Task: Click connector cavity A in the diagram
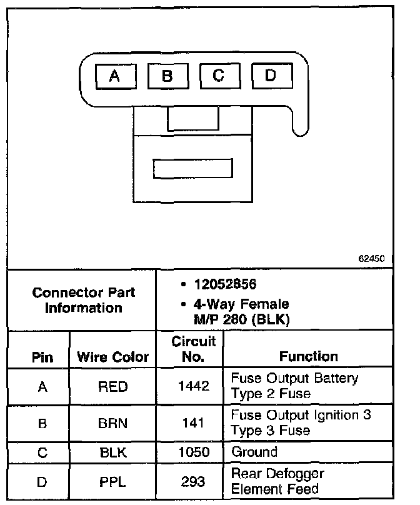coord(114,76)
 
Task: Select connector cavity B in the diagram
coord(167,76)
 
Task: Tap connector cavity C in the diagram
coord(218,76)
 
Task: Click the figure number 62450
coord(371,257)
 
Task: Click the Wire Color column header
coord(112,357)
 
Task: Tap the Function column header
coord(308,356)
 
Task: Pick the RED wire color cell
coord(112,387)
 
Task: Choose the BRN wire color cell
coord(112,423)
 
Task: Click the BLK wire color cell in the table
coord(112,452)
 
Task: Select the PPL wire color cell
coord(112,482)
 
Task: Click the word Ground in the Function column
coord(254,451)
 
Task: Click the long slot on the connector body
coord(193,169)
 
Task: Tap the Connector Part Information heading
coord(83,300)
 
